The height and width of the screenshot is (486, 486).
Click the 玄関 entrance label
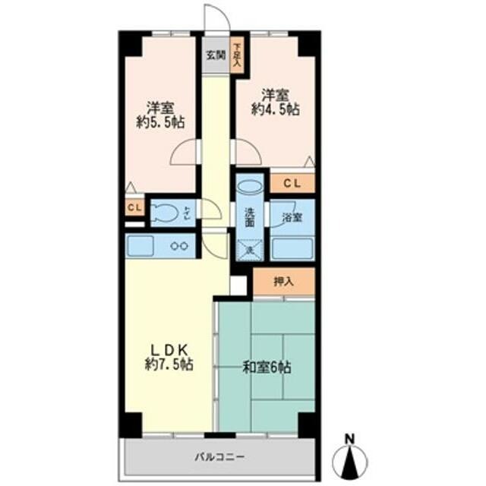pos(216,55)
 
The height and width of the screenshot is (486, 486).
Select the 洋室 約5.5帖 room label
pos(162,115)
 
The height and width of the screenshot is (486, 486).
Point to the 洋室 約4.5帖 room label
pos(274,102)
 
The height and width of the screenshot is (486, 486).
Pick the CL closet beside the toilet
pos(134,207)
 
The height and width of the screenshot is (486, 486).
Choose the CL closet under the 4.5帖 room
pos(292,183)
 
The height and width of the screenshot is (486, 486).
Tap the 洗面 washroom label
pos(250,219)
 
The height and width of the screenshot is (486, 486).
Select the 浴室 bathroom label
pos(292,217)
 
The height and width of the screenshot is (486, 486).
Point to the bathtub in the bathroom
pos(292,248)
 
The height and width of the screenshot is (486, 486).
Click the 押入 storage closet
pos(283,282)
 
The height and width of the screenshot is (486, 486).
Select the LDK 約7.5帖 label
pos(169,356)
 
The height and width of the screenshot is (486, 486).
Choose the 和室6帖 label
pos(266,367)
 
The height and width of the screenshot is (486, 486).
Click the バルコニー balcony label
pos(218,458)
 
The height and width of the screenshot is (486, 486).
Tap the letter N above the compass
pos(349,438)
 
